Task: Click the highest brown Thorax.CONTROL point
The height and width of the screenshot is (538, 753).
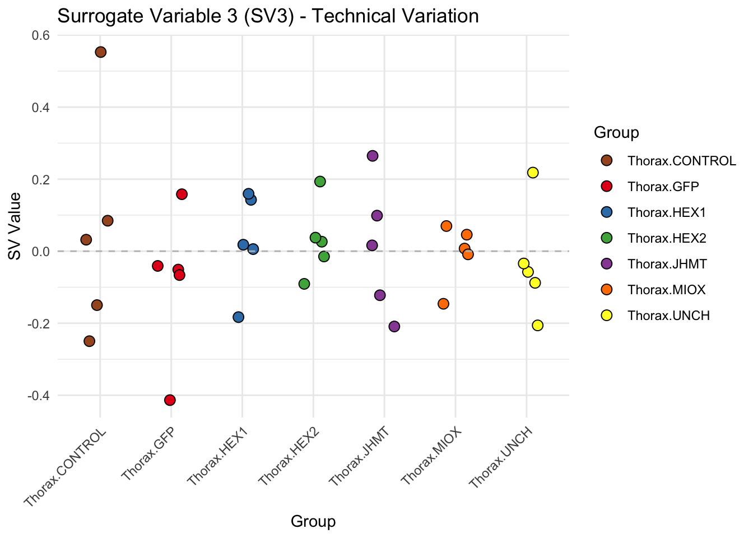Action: coord(101,52)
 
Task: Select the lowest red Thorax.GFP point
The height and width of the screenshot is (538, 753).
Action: coord(170,400)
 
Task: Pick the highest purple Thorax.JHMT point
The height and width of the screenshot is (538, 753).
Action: coord(373,156)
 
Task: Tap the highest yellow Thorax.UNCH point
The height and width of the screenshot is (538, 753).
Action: coord(533,173)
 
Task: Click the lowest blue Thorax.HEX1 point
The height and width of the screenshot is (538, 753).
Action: coord(239,317)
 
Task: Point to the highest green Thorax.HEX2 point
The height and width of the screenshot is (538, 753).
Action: coord(320,182)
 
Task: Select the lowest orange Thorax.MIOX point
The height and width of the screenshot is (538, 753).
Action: coord(443,304)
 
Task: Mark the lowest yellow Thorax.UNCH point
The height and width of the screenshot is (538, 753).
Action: coord(538,326)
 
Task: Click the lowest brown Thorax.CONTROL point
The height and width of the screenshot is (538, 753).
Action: coord(90,341)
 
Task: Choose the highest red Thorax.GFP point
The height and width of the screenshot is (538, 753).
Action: coord(182,194)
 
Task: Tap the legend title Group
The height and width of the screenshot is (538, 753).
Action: coord(616,133)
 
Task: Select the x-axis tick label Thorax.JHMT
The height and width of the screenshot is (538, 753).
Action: coord(359,456)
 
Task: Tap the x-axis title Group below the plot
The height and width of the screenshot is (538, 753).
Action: coord(313,522)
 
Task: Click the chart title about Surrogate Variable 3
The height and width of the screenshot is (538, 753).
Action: coord(268,16)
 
